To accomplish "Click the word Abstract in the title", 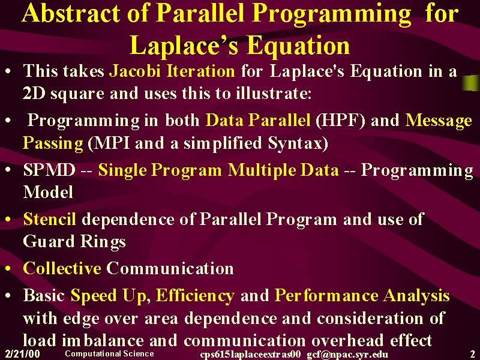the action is tap(71, 13).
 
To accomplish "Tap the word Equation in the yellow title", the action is tap(298, 46).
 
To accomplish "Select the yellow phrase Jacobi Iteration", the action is tap(172, 71).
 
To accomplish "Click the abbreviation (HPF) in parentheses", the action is tap(340, 120).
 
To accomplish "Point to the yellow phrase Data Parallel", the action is tap(258, 119).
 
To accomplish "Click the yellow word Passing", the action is tap(53, 143).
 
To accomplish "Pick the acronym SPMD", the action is tap(49, 170).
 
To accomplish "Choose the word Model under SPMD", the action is tap(48, 192).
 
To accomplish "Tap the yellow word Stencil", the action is tap(50, 219).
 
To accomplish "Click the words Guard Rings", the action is tap(74, 242).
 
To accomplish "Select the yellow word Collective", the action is tap(62, 268).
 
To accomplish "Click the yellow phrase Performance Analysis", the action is tap(362, 296).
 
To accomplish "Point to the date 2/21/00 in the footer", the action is tap(23, 354).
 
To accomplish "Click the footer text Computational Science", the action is tap(109, 353).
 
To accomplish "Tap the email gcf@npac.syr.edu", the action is tap(347, 355).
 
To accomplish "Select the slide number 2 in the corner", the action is tap(473, 354).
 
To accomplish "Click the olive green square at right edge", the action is tap(471, 83).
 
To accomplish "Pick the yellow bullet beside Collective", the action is tap(8, 269).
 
